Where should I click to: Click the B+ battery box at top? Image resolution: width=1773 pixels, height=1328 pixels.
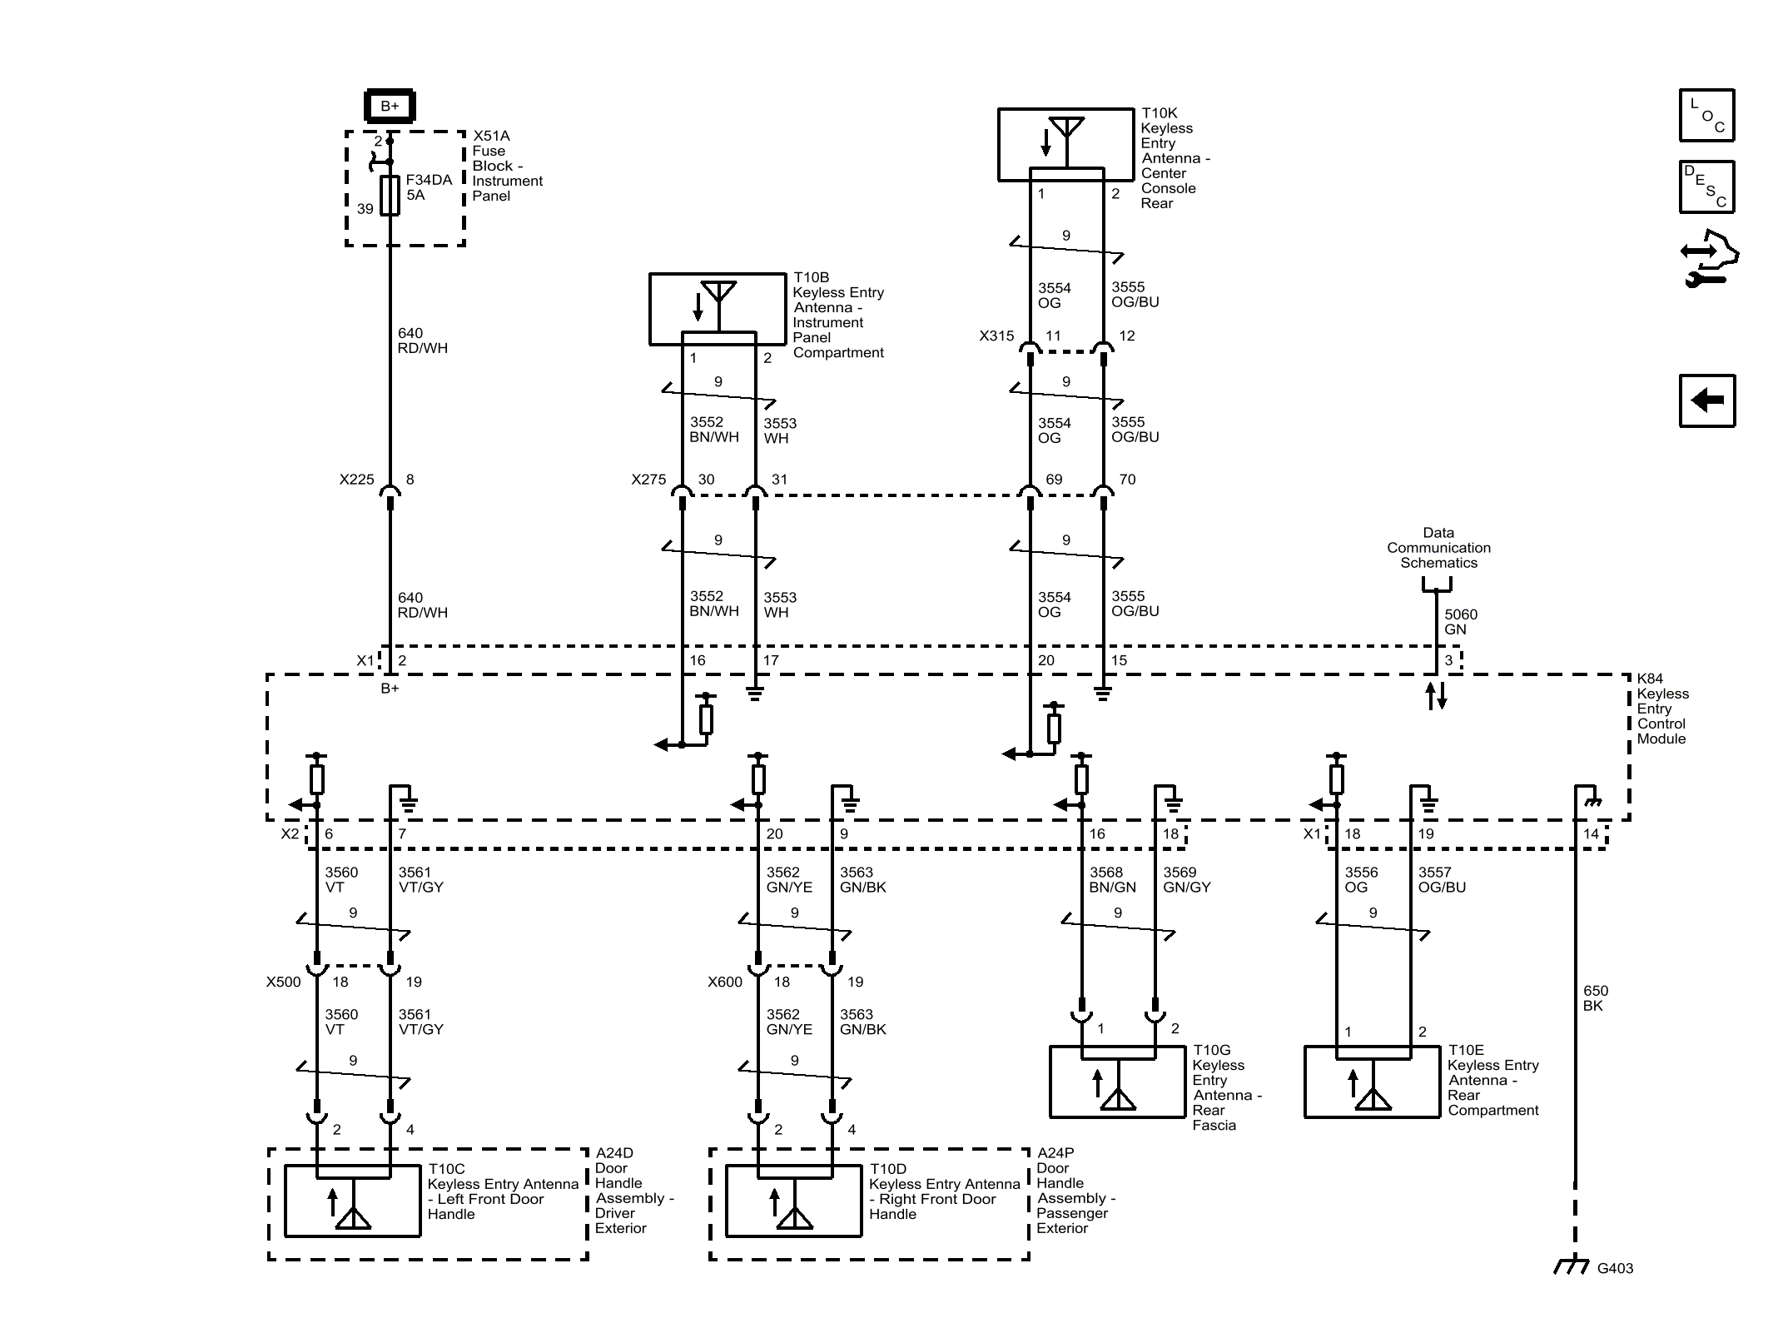click(x=390, y=106)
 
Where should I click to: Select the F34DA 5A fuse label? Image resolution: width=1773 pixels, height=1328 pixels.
click(x=428, y=187)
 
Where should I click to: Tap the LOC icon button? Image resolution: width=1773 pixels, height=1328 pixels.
click(x=1706, y=115)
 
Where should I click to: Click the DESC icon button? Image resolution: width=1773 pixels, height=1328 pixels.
click(x=1706, y=187)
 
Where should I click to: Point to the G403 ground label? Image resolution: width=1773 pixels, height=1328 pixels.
click(x=1614, y=1268)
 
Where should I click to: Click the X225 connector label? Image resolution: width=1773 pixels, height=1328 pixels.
click(x=356, y=480)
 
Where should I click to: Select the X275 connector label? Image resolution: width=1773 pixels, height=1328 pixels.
click(x=648, y=480)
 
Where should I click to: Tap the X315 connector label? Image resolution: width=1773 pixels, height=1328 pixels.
click(x=996, y=336)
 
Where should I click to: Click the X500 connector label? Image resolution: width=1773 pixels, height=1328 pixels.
click(x=283, y=982)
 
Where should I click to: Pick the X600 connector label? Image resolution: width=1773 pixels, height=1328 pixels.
click(x=724, y=982)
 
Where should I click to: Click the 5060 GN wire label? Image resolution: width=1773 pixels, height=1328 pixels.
click(x=1460, y=622)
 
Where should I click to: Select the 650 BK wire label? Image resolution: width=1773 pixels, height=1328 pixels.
click(x=1595, y=998)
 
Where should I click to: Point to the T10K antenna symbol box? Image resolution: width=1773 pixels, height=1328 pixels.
click(x=1065, y=143)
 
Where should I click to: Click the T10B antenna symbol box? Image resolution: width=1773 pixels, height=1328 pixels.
click(x=717, y=308)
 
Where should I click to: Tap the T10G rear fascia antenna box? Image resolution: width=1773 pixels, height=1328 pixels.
click(x=1116, y=1082)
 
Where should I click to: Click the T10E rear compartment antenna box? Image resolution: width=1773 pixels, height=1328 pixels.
click(x=1371, y=1082)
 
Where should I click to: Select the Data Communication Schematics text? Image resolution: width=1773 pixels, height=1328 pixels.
click(x=1438, y=548)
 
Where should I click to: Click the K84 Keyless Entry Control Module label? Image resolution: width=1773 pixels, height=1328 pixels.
click(x=1661, y=709)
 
